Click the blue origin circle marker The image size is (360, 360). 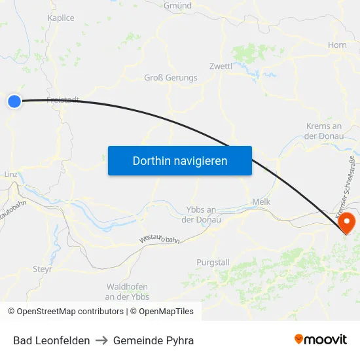pyautogui.click(x=14, y=101)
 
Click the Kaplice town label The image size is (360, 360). pyautogui.click(x=61, y=18)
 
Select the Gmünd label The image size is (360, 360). pyautogui.click(x=178, y=5)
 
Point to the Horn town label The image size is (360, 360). pyautogui.click(x=337, y=45)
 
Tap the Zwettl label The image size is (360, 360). pyautogui.click(x=221, y=66)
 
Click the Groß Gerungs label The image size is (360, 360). pyautogui.click(x=170, y=78)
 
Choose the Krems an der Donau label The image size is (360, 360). pyautogui.click(x=324, y=131)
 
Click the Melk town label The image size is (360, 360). pyautogui.click(x=261, y=202)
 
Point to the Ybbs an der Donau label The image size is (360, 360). pyautogui.click(x=201, y=215)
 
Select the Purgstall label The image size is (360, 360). pyautogui.click(x=213, y=262)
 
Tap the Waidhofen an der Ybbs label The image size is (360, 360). pyautogui.click(x=127, y=292)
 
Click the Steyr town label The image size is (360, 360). pyautogui.click(x=43, y=268)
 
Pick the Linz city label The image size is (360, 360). pyautogui.click(x=10, y=175)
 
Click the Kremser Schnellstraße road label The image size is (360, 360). pyautogui.click(x=345, y=186)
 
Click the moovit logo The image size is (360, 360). pyautogui.click(x=320, y=340)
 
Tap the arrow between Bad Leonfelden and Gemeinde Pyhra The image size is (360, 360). pyautogui.click(x=101, y=340)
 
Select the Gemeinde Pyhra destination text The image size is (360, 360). pyautogui.click(x=153, y=340)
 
